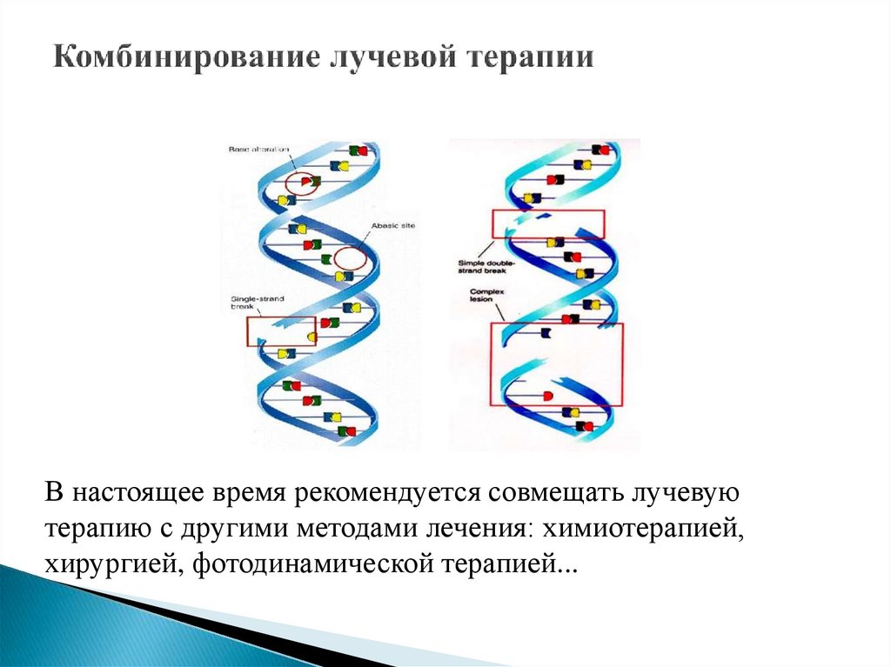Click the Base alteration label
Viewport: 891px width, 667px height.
258,150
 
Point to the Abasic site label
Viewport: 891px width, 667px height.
393,225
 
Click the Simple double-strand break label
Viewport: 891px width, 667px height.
487,265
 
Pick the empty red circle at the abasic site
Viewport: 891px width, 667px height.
350,258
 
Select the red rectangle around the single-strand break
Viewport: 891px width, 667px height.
280,331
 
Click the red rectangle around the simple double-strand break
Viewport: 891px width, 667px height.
547,223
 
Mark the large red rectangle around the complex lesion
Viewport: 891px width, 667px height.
556,364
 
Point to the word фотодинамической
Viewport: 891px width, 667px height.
308,564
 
